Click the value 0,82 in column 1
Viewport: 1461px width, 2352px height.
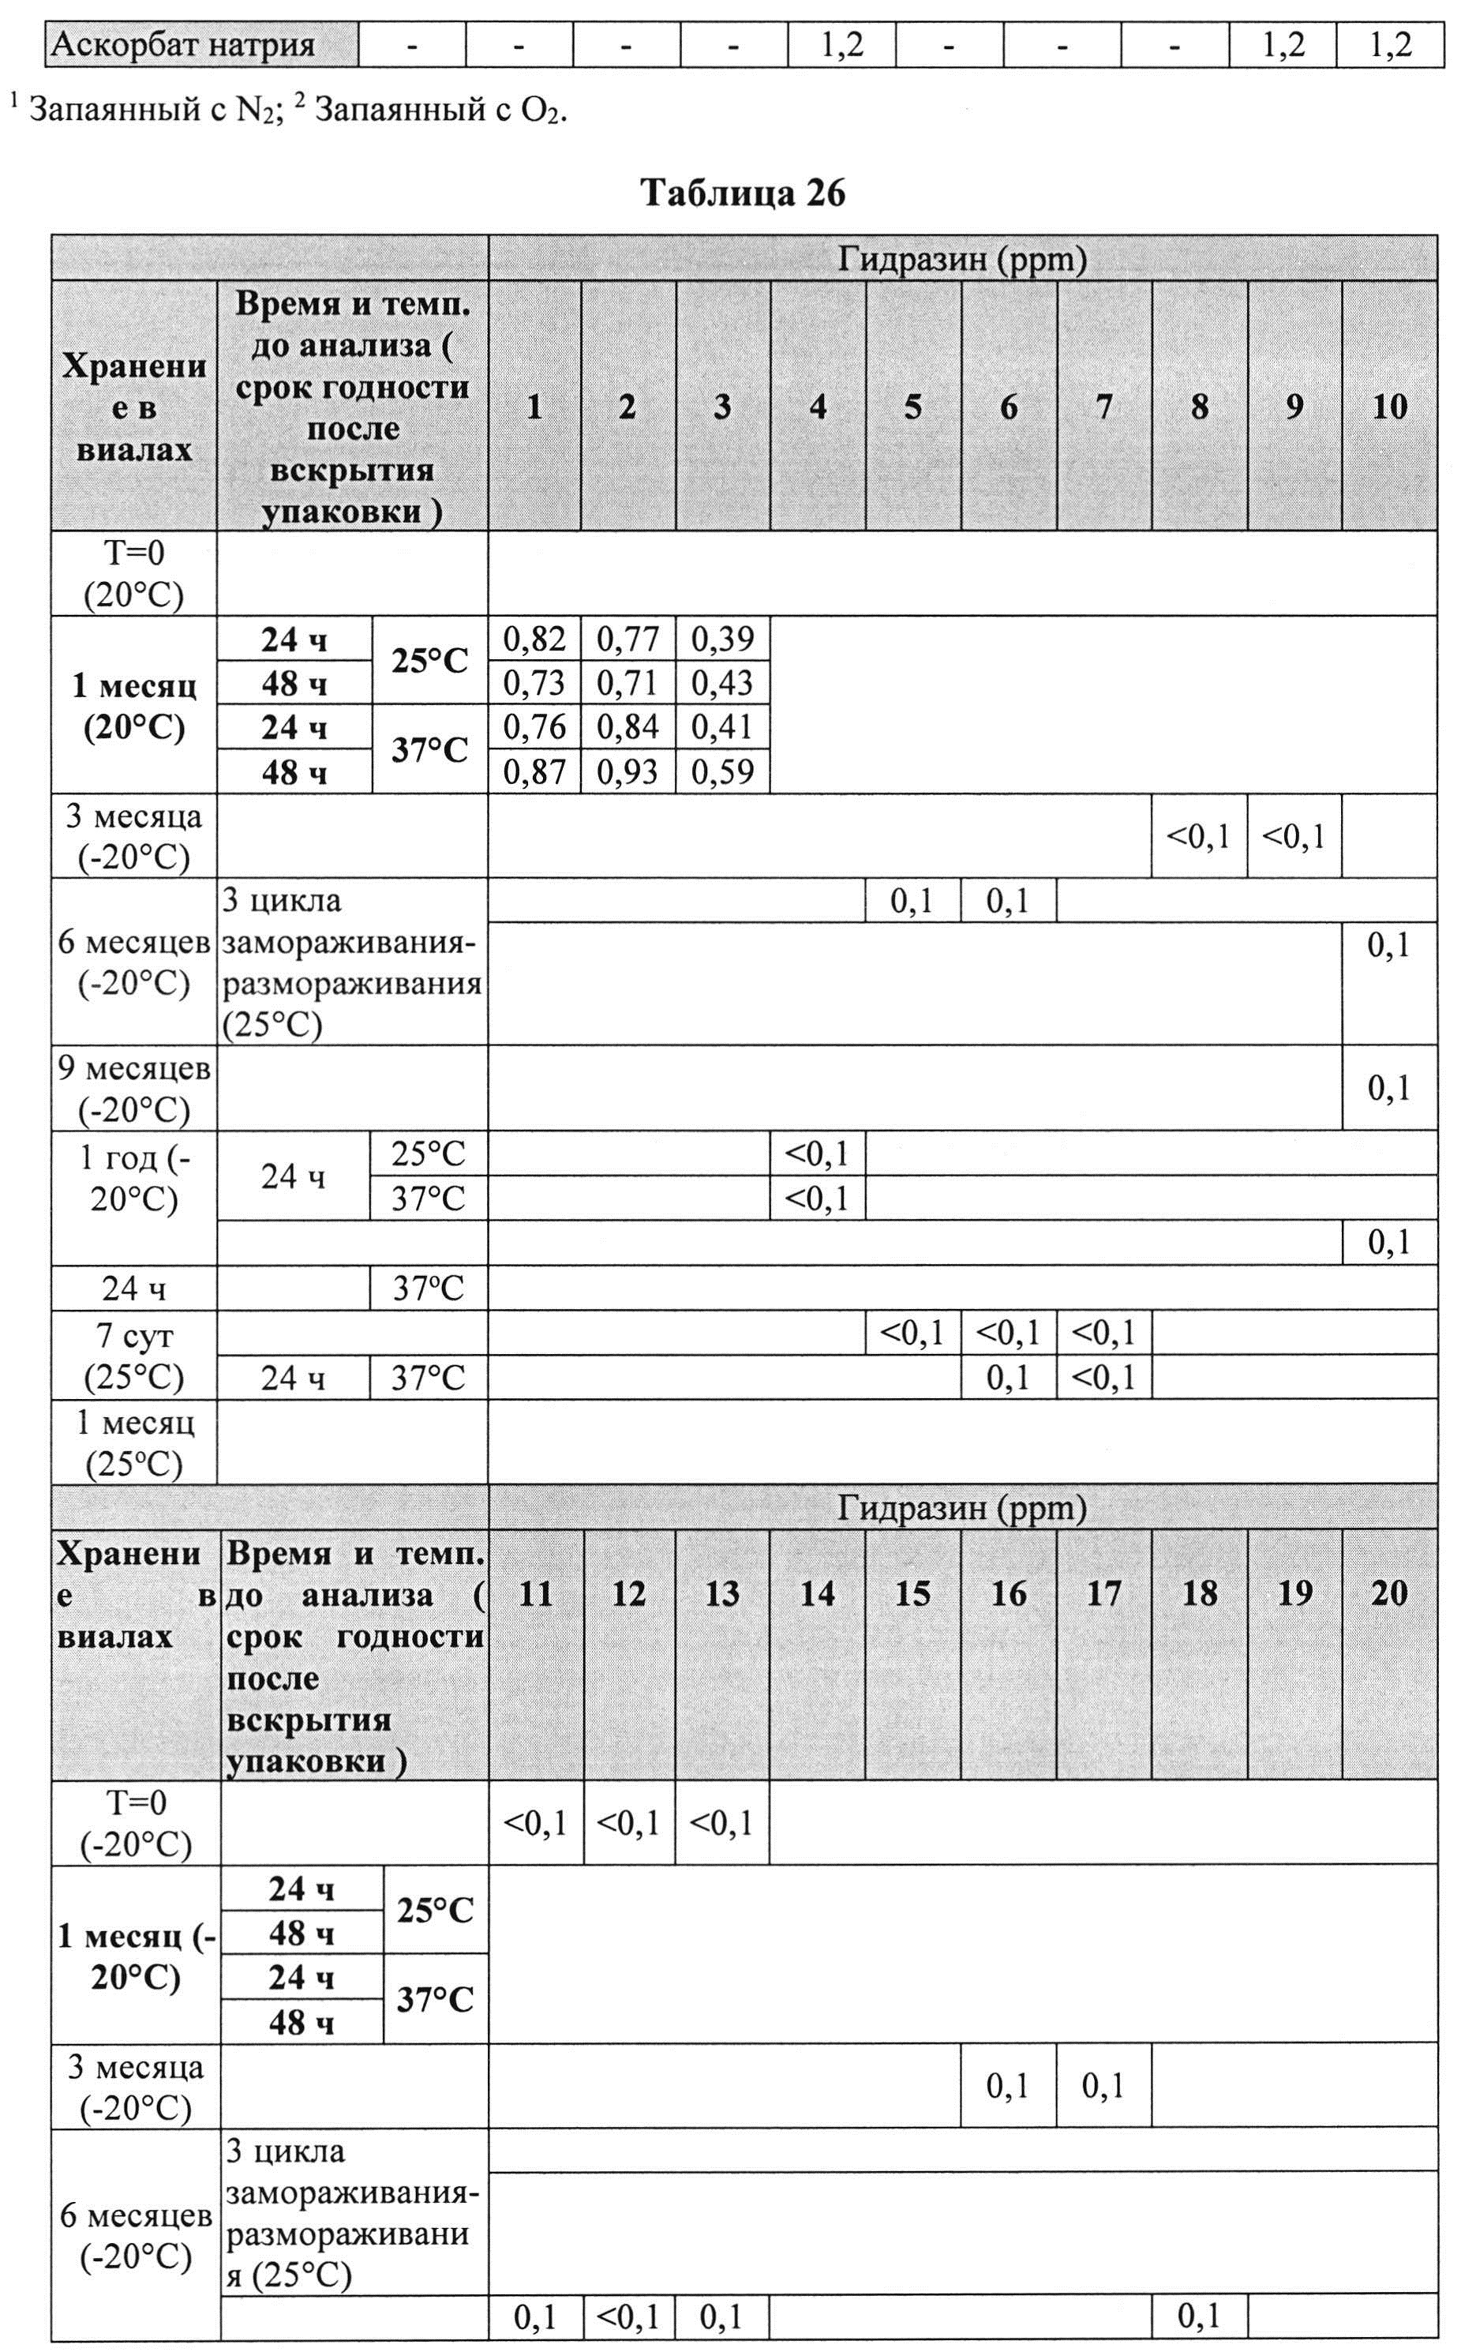[534, 639]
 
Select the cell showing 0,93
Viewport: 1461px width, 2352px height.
[628, 772]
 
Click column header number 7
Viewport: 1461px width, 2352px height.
[1103, 407]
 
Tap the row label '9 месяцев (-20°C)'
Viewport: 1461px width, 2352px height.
[134, 1089]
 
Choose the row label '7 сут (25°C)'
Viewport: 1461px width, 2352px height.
[134, 1356]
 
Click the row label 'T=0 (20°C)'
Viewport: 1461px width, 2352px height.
[134, 574]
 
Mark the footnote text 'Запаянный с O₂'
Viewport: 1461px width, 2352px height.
[440, 112]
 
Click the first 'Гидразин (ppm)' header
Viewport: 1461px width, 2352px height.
[961, 259]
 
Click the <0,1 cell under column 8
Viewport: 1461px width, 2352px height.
[1198, 837]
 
